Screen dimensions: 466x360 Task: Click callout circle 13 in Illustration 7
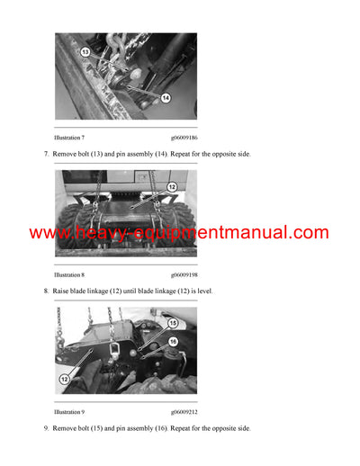pos(86,52)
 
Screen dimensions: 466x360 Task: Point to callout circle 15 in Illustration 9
pos(172,323)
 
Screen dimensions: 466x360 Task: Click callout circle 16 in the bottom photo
pos(172,341)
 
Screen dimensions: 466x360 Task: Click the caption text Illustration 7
pos(69,138)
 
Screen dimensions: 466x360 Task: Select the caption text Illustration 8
pos(69,274)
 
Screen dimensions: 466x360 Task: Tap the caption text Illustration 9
pos(69,411)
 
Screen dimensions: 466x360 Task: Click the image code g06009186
pos(184,138)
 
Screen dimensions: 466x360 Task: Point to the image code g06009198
pos(184,274)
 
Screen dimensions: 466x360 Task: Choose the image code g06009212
pos(184,411)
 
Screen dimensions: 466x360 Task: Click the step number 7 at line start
pos(46,155)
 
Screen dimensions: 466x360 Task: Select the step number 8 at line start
pos(46,291)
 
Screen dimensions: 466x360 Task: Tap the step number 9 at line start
pos(46,428)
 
